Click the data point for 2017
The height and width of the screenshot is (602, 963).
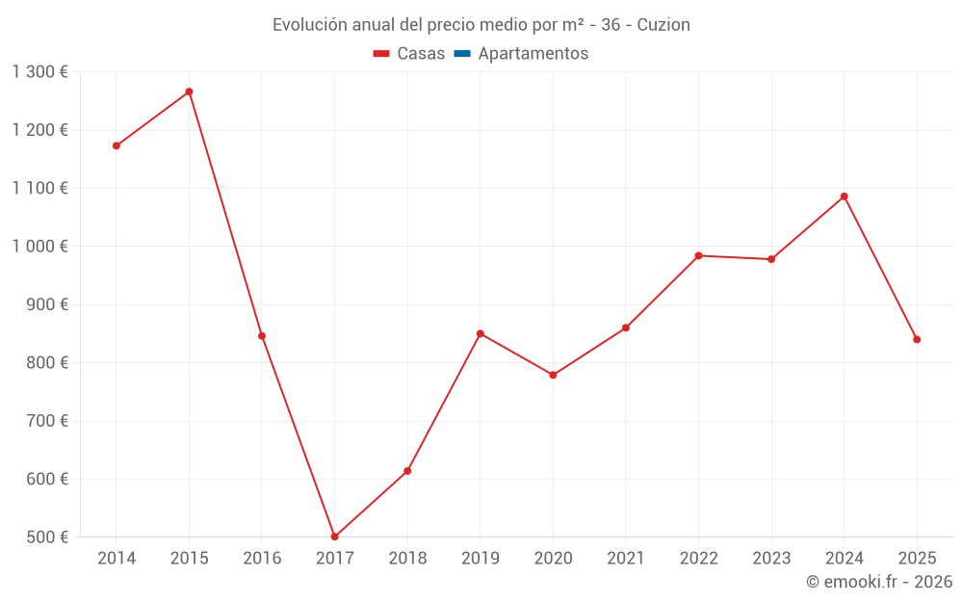pyautogui.click(x=334, y=537)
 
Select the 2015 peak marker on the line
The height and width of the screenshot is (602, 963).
pyautogui.click(x=189, y=92)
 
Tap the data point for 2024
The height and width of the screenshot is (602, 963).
pyautogui.click(x=844, y=196)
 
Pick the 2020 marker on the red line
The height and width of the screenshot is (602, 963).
pyautogui.click(x=553, y=375)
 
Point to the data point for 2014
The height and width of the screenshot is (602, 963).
pyautogui.click(x=117, y=145)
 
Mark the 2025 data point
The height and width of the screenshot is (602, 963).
pyautogui.click(x=917, y=339)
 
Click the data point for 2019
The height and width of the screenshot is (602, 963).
pyautogui.click(x=480, y=333)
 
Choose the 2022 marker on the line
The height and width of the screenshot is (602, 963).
pyautogui.click(x=698, y=255)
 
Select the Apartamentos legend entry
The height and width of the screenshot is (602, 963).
pyautogui.click(x=533, y=54)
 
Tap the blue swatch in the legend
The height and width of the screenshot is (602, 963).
pyautogui.click(x=461, y=54)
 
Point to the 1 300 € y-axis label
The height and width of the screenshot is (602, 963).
pyautogui.click(x=40, y=72)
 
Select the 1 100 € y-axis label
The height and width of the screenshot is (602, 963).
pyautogui.click(x=40, y=189)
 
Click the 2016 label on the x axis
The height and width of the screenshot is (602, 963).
pyautogui.click(x=262, y=559)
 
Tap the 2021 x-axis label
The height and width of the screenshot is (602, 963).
pyautogui.click(x=626, y=559)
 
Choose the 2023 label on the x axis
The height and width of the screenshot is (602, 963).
pyautogui.click(x=771, y=559)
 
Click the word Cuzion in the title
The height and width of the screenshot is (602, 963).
pyautogui.click(x=664, y=25)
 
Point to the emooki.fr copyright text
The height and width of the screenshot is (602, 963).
pyautogui.click(x=879, y=582)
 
